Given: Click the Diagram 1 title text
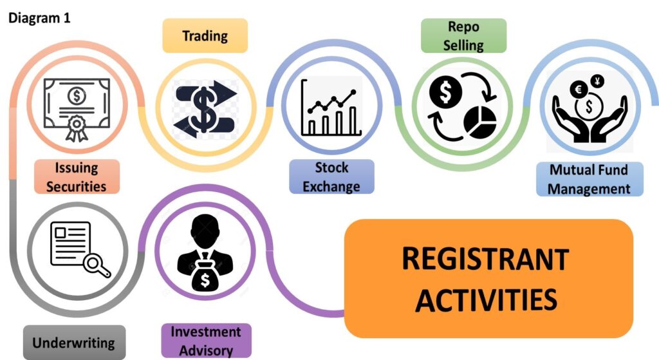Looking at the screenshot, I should click(x=39, y=18).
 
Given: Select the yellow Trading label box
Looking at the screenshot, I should click(x=205, y=35).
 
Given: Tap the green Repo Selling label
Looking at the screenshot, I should click(x=463, y=35).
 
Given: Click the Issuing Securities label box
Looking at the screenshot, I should click(x=77, y=176).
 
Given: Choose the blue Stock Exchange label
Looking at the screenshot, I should click(x=331, y=176).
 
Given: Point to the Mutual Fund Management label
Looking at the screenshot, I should click(x=589, y=179).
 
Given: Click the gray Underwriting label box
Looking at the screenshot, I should click(x=73, y=343).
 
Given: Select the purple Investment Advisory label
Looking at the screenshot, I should click(x=206, y=341).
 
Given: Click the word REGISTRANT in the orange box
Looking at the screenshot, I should click(x=485, y=260).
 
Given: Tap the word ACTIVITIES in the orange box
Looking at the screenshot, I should click(x=485, y=299).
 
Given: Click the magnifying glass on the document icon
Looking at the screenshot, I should click(x=98, y=266).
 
